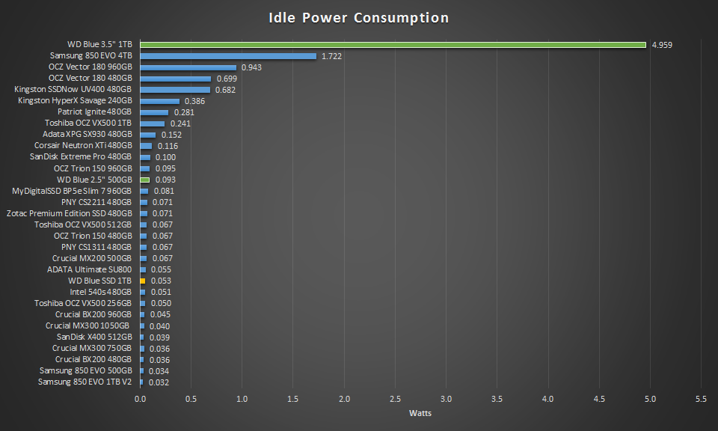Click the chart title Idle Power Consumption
pyautogui.click(x=359, y=18)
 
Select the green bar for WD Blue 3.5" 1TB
pyautogui.click(x=393, y=45)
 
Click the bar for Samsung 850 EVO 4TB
pyautogui.click(x=228, y=56)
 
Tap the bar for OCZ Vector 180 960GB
pyautogui.click(x=188, y=67)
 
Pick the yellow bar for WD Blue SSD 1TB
pyautogui.click(x=142, y=281)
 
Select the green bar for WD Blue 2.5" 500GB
pyautogui.click(x=145, y=180)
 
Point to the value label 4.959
pyautogui.click(x=662, y=45)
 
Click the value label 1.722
pyautogui.click(x=331, y=56)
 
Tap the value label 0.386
pyautogui.click(x=194, y=101)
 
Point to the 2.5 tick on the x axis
pyautogui.click(x=396, y=399)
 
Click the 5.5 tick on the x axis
pyautogui.click(x=702, y=399)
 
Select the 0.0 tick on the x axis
pyautogui.click(x=140, y=399)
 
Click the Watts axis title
pyautogui.click(x=420, y=413)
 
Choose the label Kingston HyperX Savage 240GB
pyautogui.click(x=75, y=101)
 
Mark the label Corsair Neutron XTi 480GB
pyautogui.click(x=83, y=146)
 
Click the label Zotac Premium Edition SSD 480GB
pyautogui.click(x=69, y=213)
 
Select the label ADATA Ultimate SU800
pyautogui.click(x=89, y=269)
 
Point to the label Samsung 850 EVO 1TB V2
pyautogui.click(x=85, y=382)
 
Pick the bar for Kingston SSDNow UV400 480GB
pyautogui.click(x=175, y=90)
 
